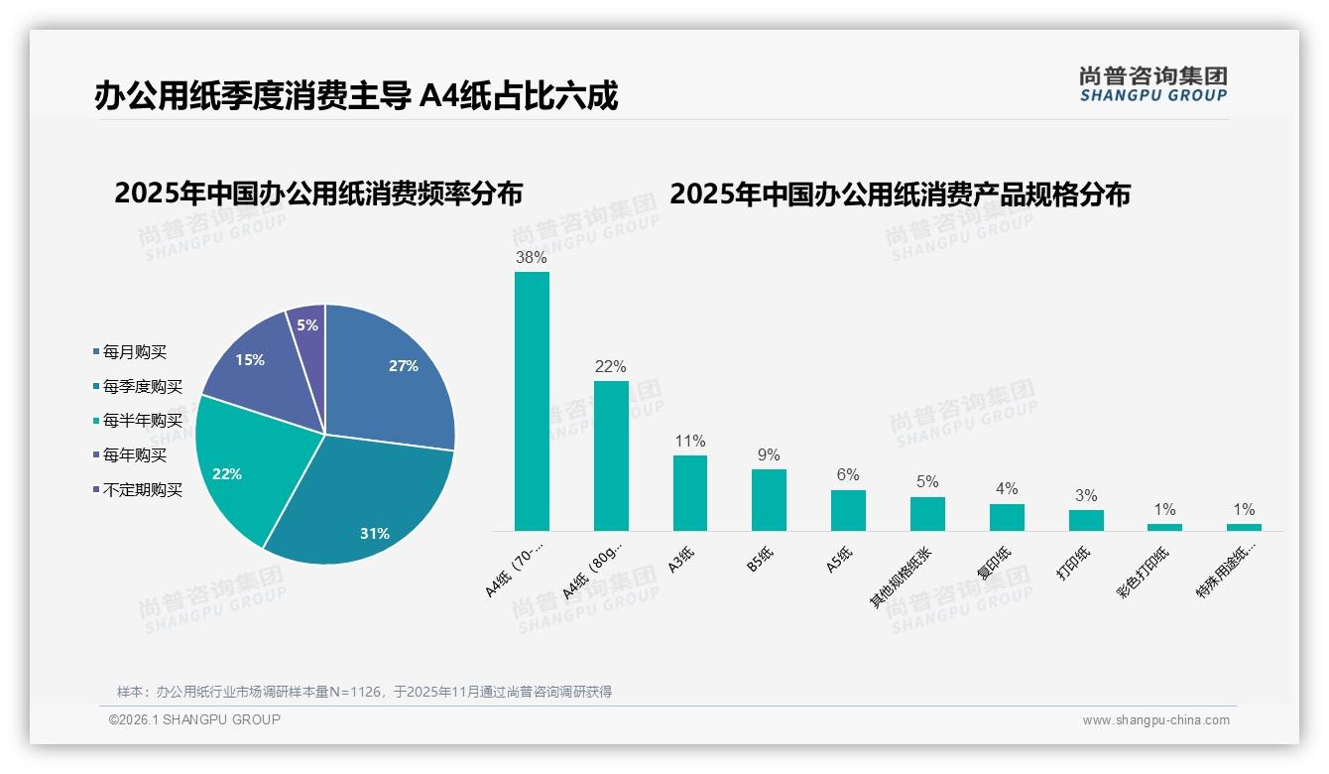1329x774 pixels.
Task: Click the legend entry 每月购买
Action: pos(134,352)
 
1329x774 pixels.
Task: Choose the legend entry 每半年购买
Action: pos(142,421)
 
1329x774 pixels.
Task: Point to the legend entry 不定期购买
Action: pos(142,490)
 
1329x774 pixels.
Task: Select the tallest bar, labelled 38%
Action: pos(532,402)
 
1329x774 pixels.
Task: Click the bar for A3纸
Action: pos(689,493)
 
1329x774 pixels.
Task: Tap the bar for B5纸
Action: pos(769,500)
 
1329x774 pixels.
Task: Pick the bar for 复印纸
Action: pos(1007,517)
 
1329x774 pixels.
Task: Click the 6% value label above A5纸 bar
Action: pos(848,475)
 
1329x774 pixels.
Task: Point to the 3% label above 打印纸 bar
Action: pos(1086,495)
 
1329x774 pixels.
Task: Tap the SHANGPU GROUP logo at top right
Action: pos(1152,84)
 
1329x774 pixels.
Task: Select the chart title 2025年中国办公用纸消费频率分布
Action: pos(318,193)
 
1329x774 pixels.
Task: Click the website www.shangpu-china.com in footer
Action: pos(1155,720)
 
